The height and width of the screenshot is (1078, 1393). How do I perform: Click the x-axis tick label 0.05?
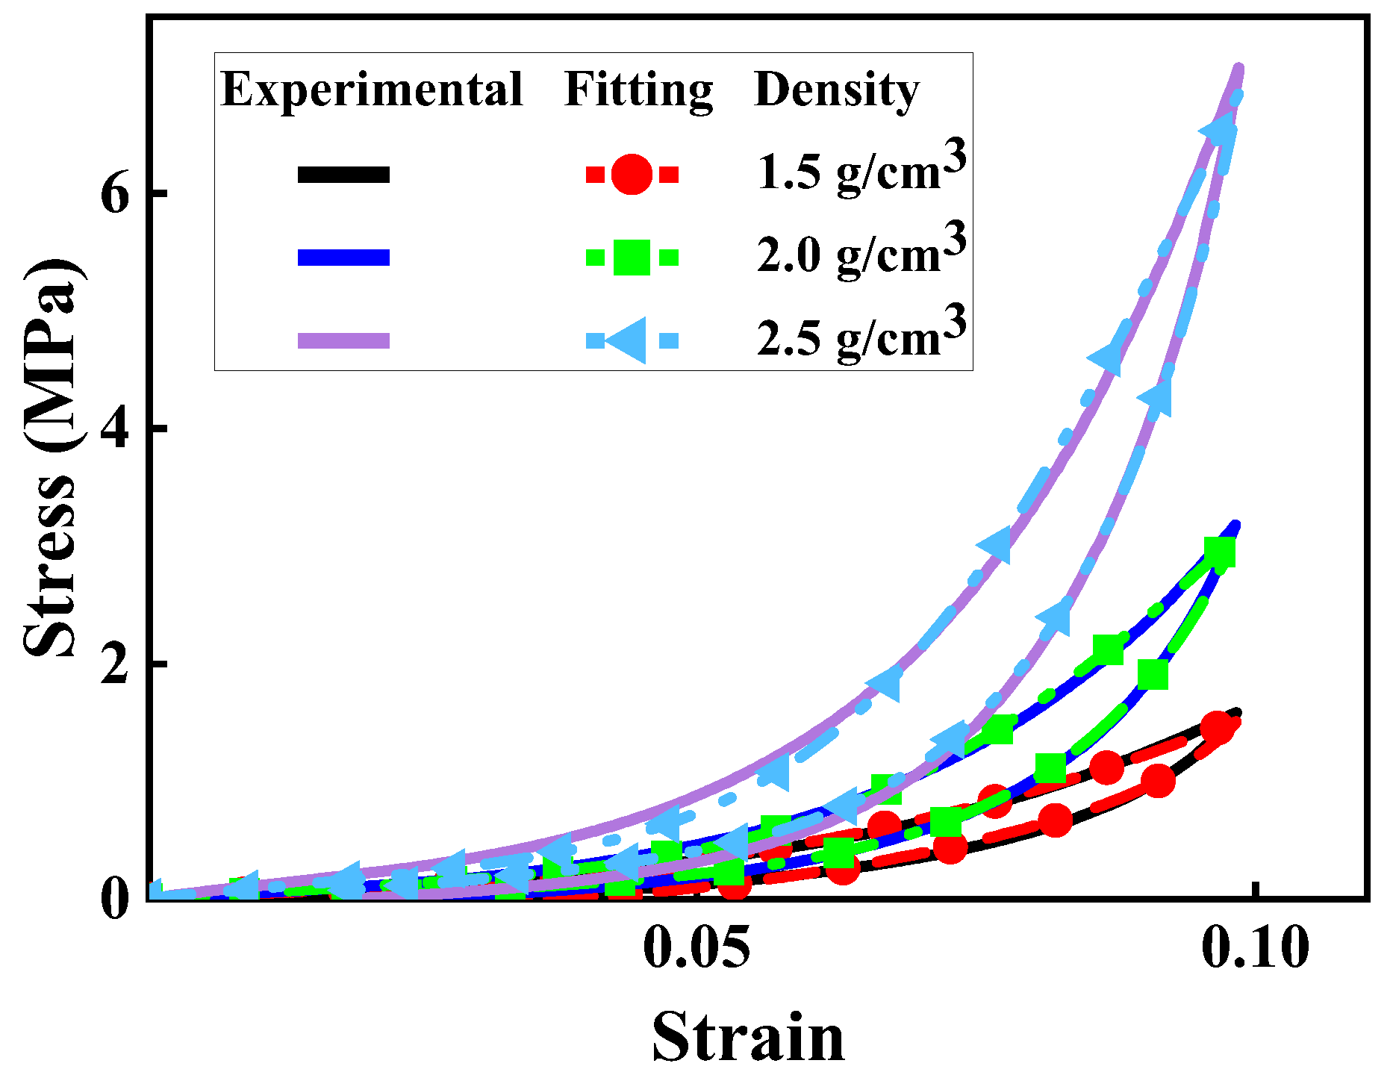click(x=696, y=949)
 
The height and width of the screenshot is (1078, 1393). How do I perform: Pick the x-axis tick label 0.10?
click(x=1255, y=949)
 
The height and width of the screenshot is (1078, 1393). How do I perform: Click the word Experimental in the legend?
click(x=372, y=91)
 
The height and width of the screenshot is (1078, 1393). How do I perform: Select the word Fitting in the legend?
click(x=639, y=91)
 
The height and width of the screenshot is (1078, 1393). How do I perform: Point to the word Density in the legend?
click(x=837, y=91)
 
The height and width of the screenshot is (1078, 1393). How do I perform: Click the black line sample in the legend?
click(x=343, y=175)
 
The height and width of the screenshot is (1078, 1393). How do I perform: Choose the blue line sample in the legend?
click(x=343, y=258)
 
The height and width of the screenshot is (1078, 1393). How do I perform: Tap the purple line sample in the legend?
click(x=343, y=340)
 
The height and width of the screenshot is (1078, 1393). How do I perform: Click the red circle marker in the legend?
click(x=632, y=175)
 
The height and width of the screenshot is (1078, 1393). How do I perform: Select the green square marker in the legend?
click(x=632, y=258)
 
